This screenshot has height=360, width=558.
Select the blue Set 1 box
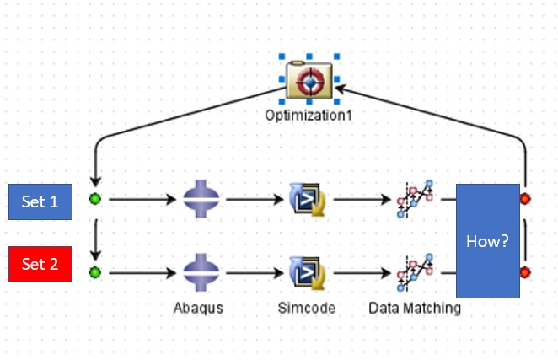pos(40,201)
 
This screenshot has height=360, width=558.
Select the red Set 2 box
pos(40,264)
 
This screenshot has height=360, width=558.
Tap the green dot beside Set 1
pos(94,200)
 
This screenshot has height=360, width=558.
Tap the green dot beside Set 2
pos(94,271)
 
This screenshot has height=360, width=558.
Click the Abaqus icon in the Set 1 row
pos(202,200)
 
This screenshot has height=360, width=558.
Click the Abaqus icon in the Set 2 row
pos(202,271)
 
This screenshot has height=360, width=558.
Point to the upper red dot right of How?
pos(525,200)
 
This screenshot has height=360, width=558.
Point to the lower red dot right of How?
pos(525,271)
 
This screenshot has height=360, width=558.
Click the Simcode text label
pos(306,308)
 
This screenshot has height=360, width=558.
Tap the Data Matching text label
pos(414,308)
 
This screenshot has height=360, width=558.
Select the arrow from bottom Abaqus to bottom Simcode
pos(253,271)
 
